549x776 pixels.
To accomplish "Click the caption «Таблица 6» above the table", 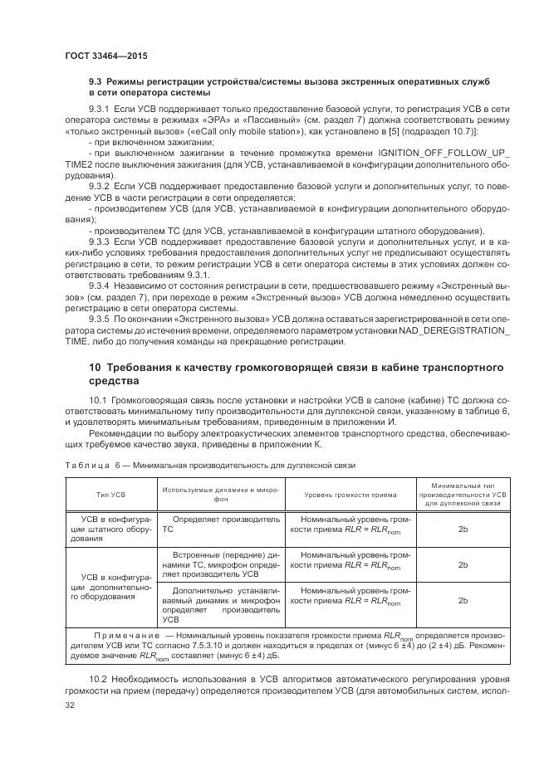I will pyautogui.click(x=92, y=466).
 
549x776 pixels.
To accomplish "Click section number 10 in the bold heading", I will pyautogui.click(x=95, y=367).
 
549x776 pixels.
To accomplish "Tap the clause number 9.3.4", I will pyautogui.click(x=100, y=285).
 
